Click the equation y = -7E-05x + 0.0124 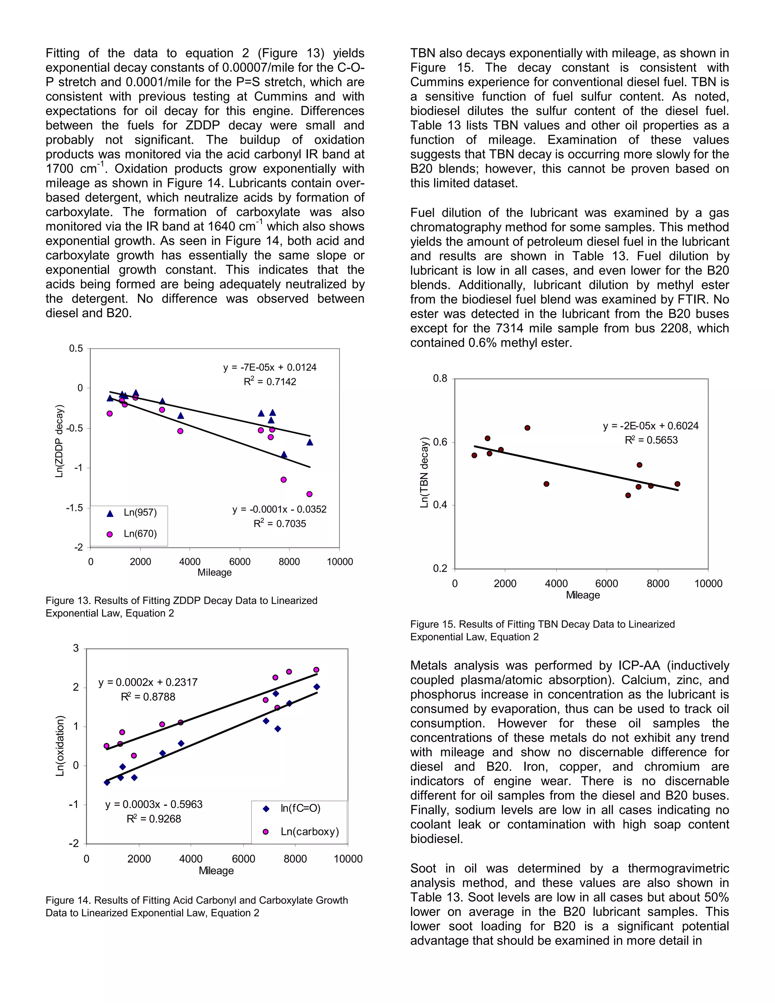pos(270,368)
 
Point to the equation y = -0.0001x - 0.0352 pos(279,509)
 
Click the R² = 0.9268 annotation pos(154,819)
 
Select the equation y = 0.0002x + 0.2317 pos(148,682)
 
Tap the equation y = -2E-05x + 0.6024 pos(651,426)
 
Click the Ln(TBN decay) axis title pos(424,473)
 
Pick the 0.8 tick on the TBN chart pos(440,379)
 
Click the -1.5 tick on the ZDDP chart pos(75,508)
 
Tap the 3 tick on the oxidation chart pos(76,648)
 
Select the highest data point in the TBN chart pos(528,428)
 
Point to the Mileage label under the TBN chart pos(583,595)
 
